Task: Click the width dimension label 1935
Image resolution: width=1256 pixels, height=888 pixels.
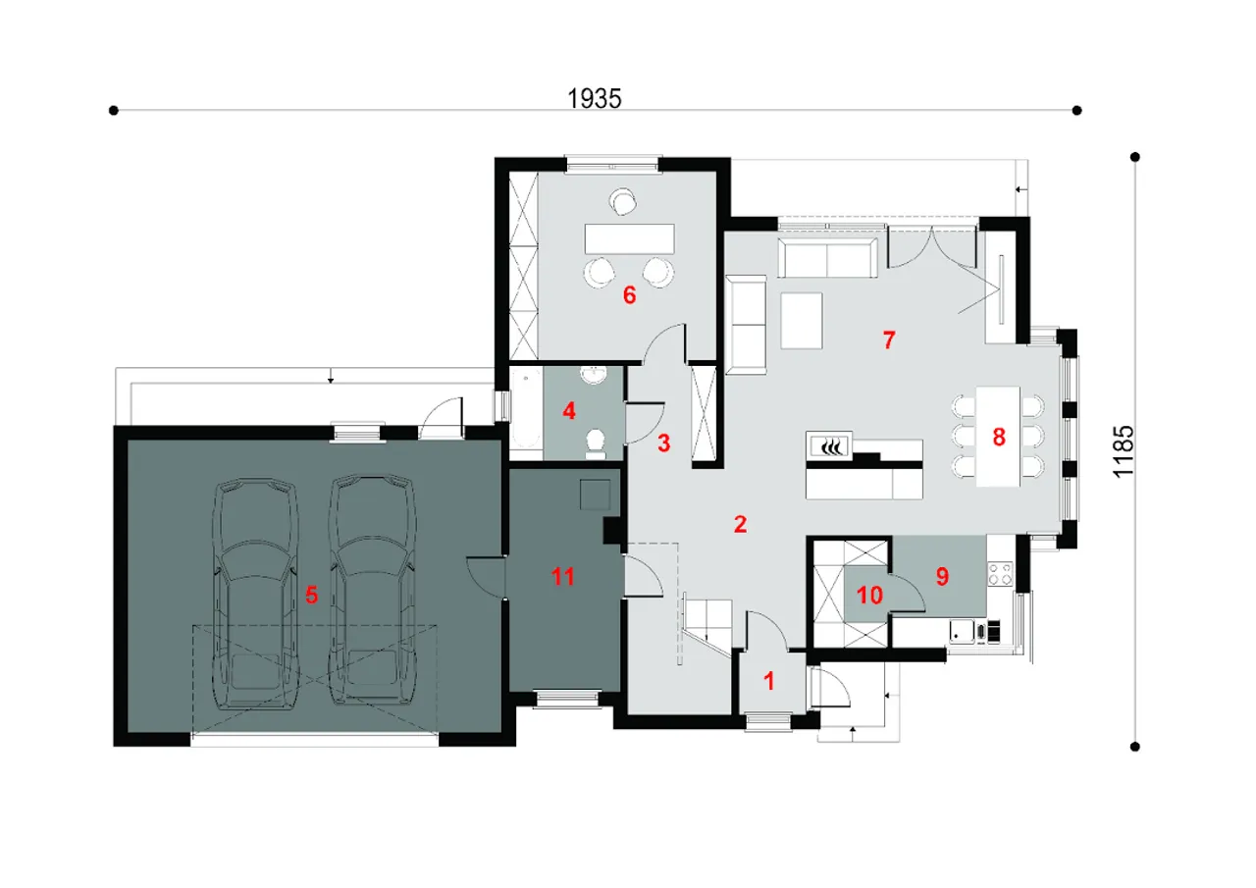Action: coord(595,99)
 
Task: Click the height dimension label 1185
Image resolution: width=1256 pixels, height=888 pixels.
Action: coord(1124,451)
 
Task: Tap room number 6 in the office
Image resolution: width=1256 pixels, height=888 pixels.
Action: coord(630,295)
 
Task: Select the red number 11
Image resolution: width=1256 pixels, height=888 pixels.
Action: coord(563,576)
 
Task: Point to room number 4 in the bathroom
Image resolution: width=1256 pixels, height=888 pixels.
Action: coord(569,411)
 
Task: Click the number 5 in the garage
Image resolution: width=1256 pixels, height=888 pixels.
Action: coord(312,595)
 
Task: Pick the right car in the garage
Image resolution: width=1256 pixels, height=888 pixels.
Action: coord(372,591)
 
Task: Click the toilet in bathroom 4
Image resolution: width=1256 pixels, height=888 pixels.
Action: coord(595,444)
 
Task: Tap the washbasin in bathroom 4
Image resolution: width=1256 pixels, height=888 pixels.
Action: coord(594,375)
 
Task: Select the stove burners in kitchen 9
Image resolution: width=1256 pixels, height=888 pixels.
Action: coord(1001,574)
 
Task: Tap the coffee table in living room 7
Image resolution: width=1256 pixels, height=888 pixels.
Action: coord(802,321)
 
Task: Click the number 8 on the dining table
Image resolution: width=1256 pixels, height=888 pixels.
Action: coord(999,438)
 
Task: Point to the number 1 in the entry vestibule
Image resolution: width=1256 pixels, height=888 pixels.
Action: coord(769,681)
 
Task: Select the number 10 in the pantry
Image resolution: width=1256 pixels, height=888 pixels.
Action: coord(869,596)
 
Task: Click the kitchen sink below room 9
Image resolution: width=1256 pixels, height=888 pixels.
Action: coord(963,631)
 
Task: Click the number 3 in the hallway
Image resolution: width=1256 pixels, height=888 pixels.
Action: coord(664,444)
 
